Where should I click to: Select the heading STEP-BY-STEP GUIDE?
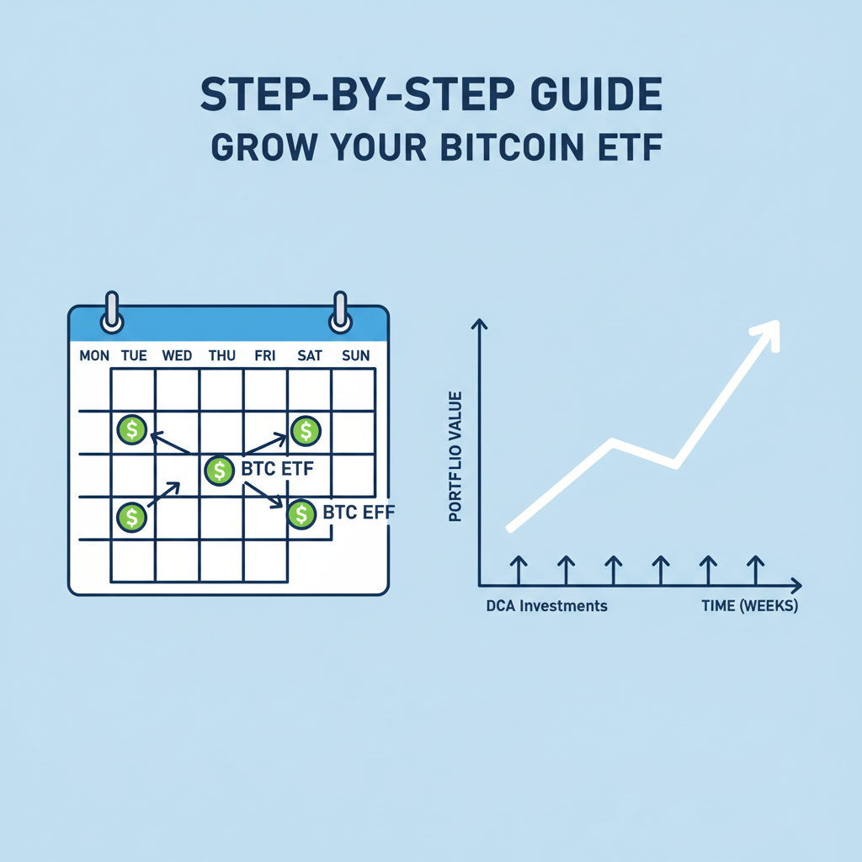pos(431,96)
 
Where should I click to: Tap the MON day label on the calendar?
pos(94,356)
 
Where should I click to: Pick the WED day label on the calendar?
pos(177,356)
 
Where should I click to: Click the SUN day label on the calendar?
pos(355,356)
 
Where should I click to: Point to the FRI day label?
pos(265,356)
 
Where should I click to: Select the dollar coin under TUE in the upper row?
pos(132,430)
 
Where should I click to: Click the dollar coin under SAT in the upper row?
pos(306,431)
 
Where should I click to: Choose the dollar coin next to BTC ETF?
pos(219,470)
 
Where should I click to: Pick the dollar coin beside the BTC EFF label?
pos(301,513)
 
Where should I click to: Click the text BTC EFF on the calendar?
pos(359,512)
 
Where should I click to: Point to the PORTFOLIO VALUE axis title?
pos(456,455)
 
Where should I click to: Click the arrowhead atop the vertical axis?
pos(479,324)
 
